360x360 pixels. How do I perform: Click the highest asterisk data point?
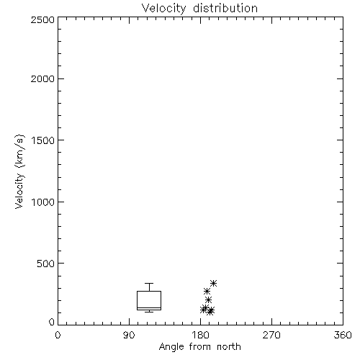click(x=213, y=284)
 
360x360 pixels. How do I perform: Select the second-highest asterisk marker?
click(x=207, y=292)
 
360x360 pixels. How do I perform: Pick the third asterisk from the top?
click(x=208, y=300)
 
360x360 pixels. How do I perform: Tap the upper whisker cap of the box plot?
click(x=149, y=284)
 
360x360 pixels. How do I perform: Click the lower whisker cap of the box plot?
click(x=149, y=312)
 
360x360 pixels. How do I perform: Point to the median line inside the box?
click(x=149, y=308)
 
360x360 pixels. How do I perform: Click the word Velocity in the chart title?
click(x=163, y=9)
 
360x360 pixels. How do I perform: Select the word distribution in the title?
click(x=225, y=8)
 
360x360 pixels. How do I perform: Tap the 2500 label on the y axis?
click(x=42, y=19)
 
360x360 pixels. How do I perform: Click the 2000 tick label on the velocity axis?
click(x=42, y=78)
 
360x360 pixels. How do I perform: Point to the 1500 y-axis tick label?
click(x=43, y=140)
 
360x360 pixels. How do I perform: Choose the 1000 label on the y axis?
click(x=43, y=202)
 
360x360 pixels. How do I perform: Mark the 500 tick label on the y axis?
click(x=46, y=264)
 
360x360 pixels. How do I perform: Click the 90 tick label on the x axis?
click(x=129, y=335)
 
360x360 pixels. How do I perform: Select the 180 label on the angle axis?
click(x=200, y=335)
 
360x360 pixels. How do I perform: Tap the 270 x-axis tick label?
click(x=271, y=335)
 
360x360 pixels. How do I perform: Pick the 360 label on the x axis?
click(x=343, y=335)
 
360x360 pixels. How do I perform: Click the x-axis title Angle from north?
click(x=200, y=347)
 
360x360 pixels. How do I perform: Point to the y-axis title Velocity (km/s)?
click(x=20, y=171)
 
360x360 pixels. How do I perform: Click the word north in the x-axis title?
click(x=229, y=346)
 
